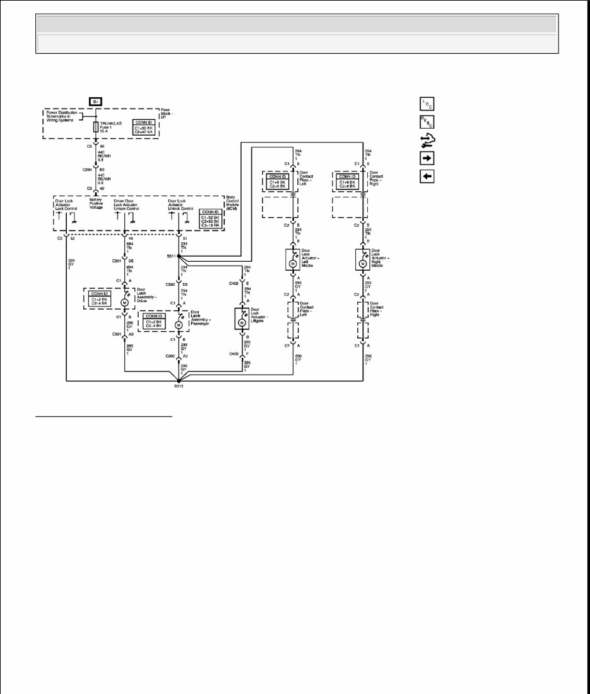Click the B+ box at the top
click(x=96, y=101)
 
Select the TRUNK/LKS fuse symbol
click(x=95, y=127)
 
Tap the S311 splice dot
click(x=179, y=256)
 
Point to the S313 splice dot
click(x=179, y=380)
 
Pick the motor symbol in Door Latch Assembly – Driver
click(x=125, y=302)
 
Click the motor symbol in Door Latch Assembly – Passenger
click(x=179, y=324)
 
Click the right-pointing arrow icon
click(x=427, y=157)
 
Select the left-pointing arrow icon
click(x=427, y=176)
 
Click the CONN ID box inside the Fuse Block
click(x=145, y=127)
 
